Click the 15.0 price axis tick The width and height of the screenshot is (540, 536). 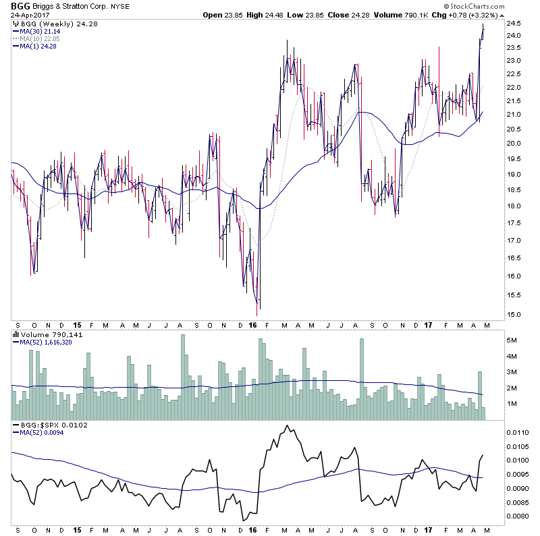(515, 314)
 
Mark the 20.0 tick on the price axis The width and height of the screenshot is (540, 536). (515, 143)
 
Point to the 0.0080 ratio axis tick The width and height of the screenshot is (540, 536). (518, 516)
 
